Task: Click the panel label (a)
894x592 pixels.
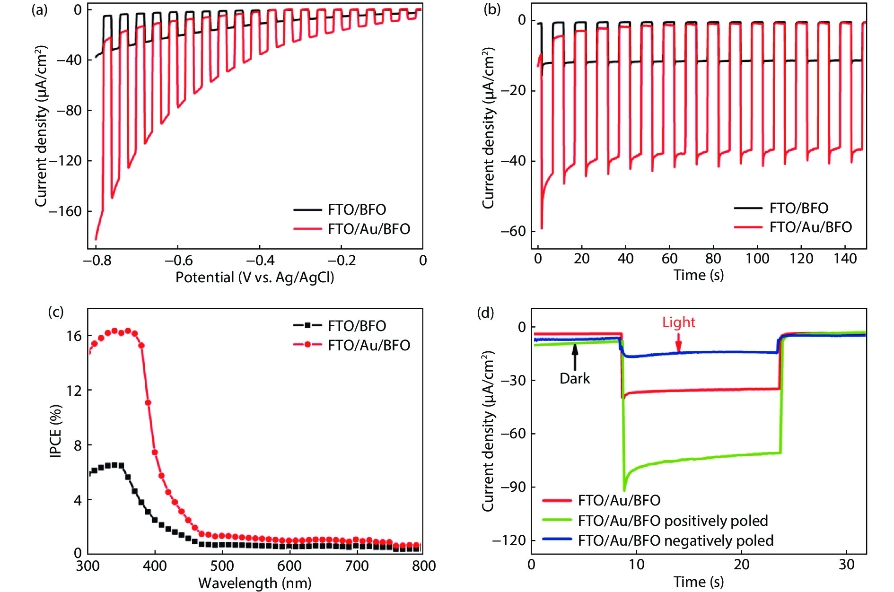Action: coord(39,9)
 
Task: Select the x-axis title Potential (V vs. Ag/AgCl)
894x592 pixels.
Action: coord(254,277)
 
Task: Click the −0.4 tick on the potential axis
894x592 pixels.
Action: coord(260,261)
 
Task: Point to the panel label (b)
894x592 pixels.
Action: coord(492,9)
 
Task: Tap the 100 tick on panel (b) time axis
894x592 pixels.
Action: coord(757,259)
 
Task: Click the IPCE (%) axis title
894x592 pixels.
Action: coord(56,431)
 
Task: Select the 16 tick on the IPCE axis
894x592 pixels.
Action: coord(74,336)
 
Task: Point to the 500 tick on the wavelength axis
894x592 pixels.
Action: coord(222,566)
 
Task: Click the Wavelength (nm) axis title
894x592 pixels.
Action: coord(254,583)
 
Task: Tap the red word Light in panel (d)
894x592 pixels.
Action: coord(678,322)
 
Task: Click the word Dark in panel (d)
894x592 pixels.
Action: coord(575,379)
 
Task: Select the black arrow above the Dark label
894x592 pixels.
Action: coord(575,357)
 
